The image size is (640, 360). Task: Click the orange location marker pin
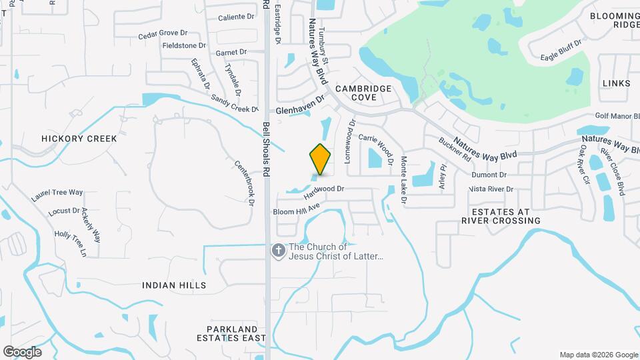(x=321, y=159)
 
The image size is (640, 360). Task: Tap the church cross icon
(x=278, y=251)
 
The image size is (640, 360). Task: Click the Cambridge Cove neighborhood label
(x=364, y=93)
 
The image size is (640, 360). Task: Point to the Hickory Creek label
(x=79, y=139)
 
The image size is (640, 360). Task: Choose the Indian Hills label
(x=174, y=285)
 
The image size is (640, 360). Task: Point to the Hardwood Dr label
(x=323, y=193)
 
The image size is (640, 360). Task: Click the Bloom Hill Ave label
(x=297, y=209)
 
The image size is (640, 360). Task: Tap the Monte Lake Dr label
(x=403, y=180)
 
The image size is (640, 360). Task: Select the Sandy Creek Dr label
(x=234, y=103)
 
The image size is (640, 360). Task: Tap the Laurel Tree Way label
(x=57, y=195)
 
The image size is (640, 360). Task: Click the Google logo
(x=21, y=352)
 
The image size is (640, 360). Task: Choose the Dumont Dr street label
(x=489, y=175)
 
